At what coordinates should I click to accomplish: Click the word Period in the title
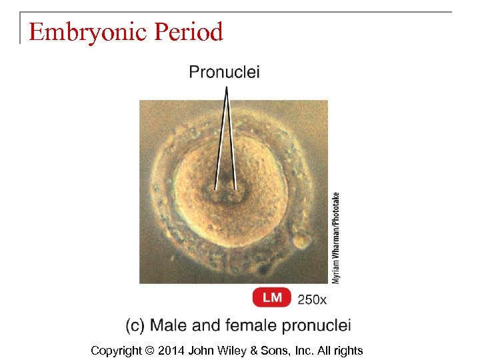(x=188, y=31)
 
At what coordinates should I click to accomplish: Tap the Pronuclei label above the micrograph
(x=225, y=72)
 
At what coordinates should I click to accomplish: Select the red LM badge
(x=272, y=298)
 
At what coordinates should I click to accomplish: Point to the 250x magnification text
(x=312, y=299)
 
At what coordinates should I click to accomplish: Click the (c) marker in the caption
(x=135, y=325)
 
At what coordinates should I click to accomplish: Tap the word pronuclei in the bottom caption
(x=317, y=325)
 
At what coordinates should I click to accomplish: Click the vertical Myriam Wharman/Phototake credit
(x=336, y=237)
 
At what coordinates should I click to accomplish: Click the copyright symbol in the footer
(x=149, y=351)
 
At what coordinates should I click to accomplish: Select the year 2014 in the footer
(x=171, y=351)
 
